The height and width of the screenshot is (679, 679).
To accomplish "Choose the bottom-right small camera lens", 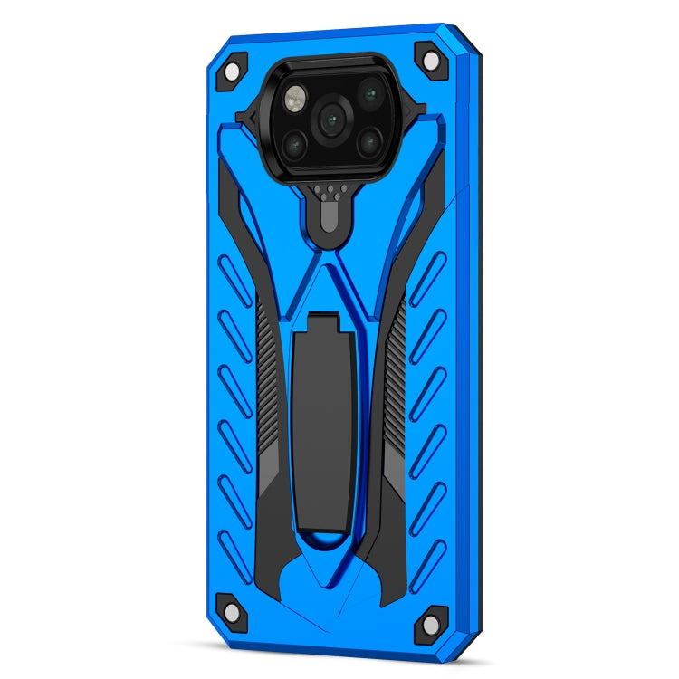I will tap(368, 139).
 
